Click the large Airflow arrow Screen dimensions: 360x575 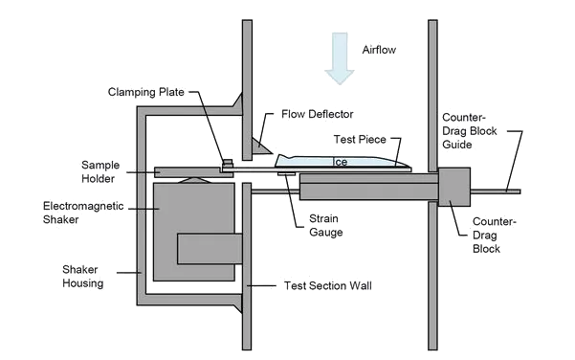pos(338,56)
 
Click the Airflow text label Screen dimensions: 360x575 pos(379,49)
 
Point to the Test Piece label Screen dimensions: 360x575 pos(361,139)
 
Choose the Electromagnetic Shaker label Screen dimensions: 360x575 pos(75,213)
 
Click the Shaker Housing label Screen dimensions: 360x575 pos(83,276)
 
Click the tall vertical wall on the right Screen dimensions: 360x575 pos(432,182)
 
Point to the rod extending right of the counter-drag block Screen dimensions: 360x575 pos(498,191)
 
